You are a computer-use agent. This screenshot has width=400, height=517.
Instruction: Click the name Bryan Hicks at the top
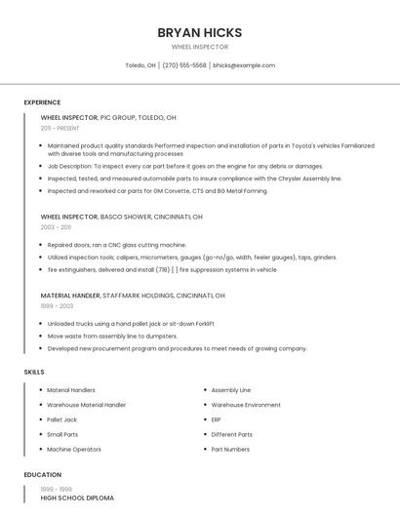[199, 32]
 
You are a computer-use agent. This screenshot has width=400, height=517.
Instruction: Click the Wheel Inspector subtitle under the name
[199, 47]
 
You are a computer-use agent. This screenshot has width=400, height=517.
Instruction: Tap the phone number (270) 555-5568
[184, 65]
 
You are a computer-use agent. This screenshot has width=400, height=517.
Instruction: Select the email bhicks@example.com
[244, 65]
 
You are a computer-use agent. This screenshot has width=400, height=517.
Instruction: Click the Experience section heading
[42, 102]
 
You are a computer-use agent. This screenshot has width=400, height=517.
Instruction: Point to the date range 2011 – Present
[60, 128]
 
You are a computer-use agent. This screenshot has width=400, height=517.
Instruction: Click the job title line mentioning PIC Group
[108, 117]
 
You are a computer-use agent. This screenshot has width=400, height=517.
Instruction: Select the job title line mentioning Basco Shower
[121, 217]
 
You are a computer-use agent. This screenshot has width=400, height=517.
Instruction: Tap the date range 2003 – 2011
[56, 227]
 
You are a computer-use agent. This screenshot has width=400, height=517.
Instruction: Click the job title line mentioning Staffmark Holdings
[133, 295]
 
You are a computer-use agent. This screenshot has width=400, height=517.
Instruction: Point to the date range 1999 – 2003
[57, 305]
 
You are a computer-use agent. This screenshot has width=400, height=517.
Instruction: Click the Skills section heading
[34, 372]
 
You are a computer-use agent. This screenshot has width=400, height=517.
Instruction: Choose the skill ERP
[216, 419]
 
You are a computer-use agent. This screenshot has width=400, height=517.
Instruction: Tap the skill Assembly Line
[230, 389]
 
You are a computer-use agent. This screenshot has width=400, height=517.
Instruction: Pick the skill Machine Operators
[74, 449]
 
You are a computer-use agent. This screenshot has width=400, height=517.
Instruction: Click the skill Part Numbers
[230, 449]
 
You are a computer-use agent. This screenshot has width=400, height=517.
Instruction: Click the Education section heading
[42, 475]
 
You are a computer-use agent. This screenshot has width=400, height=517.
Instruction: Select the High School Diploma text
[77, 497]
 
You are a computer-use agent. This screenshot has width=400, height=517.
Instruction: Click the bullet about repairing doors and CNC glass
[116, 245]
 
